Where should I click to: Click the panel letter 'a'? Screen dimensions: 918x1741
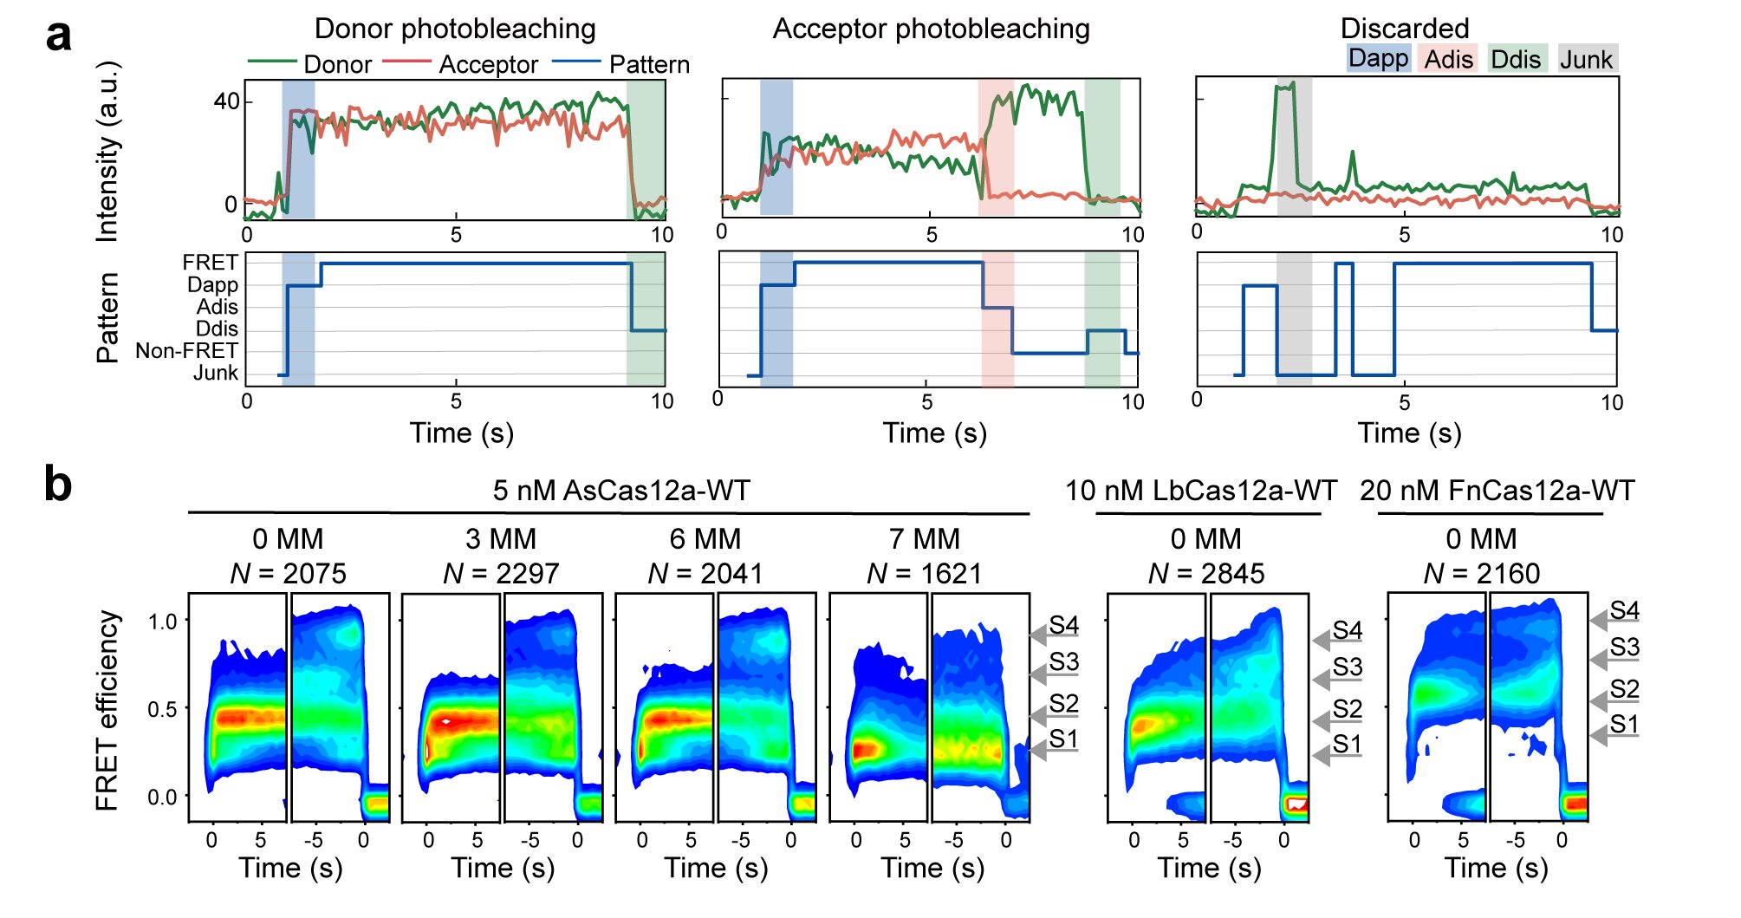[58, 37]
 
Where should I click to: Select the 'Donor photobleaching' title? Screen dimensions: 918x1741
[455, 29]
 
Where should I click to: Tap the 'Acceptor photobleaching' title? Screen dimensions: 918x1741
[931, 29]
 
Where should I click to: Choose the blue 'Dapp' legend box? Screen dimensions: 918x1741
[1378, 58]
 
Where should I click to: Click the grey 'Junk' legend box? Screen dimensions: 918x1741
[1587, 59]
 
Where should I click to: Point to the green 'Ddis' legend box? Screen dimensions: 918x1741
[1516, 59]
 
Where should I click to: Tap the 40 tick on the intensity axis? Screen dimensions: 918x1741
[226, 101]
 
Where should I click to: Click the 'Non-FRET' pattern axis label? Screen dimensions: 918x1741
[186, 351]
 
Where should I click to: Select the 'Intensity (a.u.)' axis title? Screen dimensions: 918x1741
[107, 151]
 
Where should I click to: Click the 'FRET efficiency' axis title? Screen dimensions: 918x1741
[107, 710]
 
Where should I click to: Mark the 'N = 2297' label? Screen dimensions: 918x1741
[501, 573]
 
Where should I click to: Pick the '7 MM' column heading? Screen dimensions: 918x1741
[924, 539]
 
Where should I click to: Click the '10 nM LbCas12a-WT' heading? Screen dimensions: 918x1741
[1201, 491]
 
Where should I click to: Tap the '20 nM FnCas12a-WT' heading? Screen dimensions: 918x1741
[1497, 491]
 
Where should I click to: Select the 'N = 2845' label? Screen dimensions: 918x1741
[1205, 573]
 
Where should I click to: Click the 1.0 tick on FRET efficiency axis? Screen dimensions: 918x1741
[162, 622]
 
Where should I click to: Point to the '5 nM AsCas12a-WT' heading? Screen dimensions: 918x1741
[621, 491]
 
